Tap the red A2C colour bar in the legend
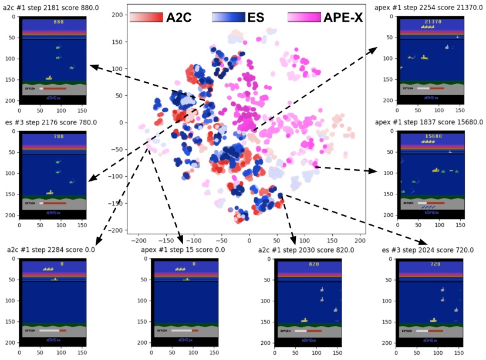tap(145, 17)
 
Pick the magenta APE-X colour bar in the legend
tap(304, 17)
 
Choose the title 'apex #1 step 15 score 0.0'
tap(183, 250)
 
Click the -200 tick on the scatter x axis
tap(139, 241)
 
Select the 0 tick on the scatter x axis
tap(249, 241)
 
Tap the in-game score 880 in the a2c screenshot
tap(58, 22)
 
